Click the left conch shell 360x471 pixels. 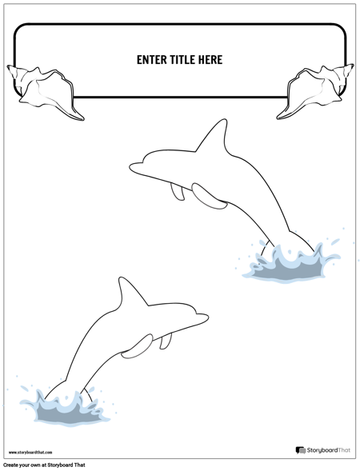coord(45,92)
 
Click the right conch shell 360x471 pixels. coord(315,92)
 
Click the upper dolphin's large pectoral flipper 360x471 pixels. coord(209,197)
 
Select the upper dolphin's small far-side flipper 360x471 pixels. coord(178,192)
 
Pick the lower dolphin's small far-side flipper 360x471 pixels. coord(166,341)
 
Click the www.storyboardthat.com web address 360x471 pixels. coord(30,452)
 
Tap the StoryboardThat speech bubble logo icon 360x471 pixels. coord(300,450)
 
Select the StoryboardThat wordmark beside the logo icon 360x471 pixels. coord(329,450)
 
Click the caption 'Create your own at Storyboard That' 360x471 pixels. coord(44,465)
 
